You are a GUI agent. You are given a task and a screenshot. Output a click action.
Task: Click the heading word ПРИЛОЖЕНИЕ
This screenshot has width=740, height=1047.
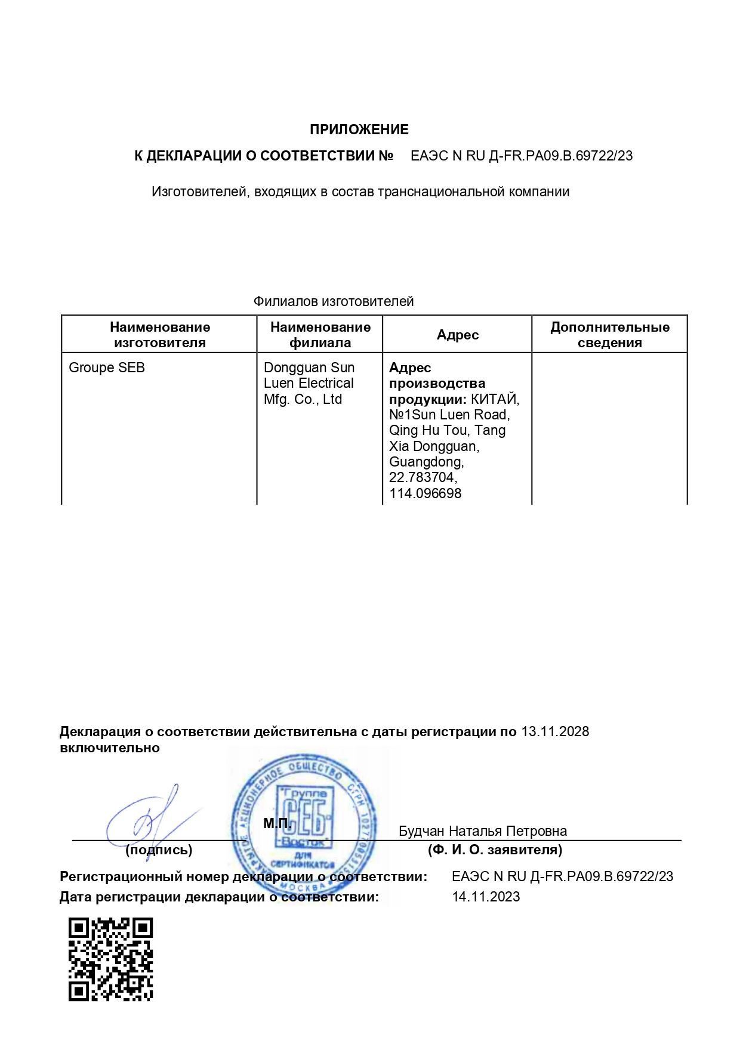(x=359, y=129)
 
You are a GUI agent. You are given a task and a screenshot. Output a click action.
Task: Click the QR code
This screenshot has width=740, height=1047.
(x=110, y=959)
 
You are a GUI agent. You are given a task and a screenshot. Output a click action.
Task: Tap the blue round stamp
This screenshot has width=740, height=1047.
(x=304, y=826)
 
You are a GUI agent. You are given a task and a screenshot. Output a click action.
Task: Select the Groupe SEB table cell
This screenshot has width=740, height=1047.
(x=107, y=367)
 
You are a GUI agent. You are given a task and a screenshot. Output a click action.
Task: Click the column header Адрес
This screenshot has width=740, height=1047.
(x=457, y=335)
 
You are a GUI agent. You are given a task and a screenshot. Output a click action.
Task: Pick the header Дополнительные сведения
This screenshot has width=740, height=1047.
(x=609, y=335)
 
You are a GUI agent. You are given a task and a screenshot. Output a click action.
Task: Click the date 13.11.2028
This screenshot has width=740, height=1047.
(x=555, y=731)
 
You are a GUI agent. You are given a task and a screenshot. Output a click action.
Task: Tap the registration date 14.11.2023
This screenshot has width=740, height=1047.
(x=486, y=897)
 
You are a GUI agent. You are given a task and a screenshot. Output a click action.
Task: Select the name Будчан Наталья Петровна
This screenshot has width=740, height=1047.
(x=482, y=831)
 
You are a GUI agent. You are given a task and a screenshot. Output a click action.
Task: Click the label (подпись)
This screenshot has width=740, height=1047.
(x=159, y=850)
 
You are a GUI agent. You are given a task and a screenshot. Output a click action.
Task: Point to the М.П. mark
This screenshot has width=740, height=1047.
(x=277, y=823)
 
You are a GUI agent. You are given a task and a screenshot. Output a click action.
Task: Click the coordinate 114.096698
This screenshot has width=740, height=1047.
(x=425, y=493)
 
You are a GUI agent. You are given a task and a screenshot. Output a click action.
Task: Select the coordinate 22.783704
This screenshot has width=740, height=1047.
(x=423, y=477)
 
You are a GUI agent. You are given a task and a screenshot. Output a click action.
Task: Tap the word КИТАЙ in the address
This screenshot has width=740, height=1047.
(x=495, y=399)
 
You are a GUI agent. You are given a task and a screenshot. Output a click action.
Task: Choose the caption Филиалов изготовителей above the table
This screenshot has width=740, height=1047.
(x=333, y=301)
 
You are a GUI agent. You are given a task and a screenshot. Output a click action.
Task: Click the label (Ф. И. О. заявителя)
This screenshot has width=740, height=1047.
(x=495, y=850)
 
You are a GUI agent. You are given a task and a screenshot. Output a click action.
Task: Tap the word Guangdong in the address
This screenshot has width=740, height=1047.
(x=426, y=462)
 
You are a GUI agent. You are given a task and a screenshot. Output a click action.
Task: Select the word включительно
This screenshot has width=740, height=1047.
(x=110, y=748)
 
